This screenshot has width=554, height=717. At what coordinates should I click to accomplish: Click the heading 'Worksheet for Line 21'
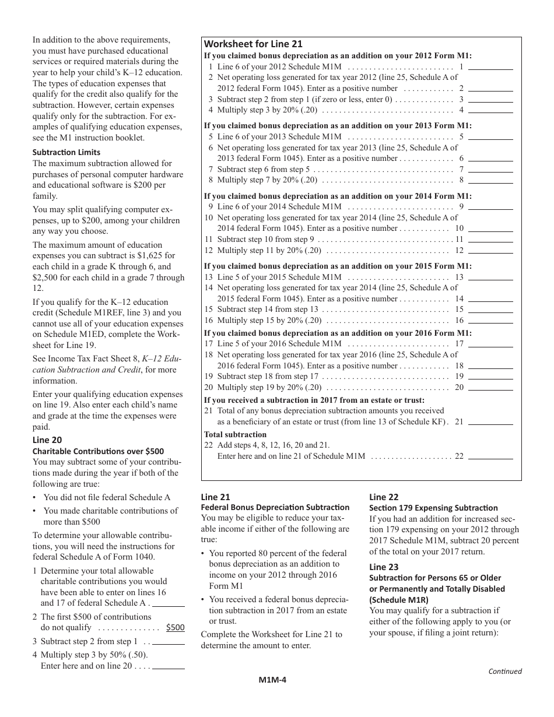253,44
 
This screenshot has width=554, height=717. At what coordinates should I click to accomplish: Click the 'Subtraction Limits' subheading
66,152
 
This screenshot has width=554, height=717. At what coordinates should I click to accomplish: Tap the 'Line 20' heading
47,440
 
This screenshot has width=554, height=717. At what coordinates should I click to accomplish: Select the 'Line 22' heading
384,497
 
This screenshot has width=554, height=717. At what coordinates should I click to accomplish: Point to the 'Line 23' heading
384,567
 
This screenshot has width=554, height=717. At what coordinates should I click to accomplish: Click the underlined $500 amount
175,628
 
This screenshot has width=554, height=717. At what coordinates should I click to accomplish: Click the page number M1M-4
273,679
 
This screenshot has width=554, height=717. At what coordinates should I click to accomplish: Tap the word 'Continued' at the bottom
505,671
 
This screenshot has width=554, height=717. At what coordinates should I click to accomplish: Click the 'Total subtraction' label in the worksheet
235,435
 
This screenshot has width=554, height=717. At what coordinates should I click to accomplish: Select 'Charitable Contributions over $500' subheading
98,451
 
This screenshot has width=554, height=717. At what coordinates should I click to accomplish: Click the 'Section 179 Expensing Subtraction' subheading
433,508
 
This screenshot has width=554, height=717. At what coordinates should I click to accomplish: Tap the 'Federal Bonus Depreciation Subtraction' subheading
275,508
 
